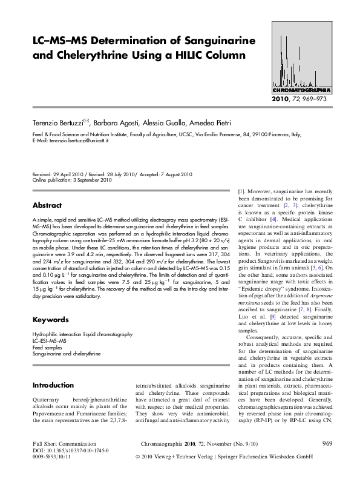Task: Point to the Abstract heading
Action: click(x=47, y=205)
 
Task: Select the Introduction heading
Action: click(x=53, y=385)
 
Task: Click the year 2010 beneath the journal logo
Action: click(x=282, y=98)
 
